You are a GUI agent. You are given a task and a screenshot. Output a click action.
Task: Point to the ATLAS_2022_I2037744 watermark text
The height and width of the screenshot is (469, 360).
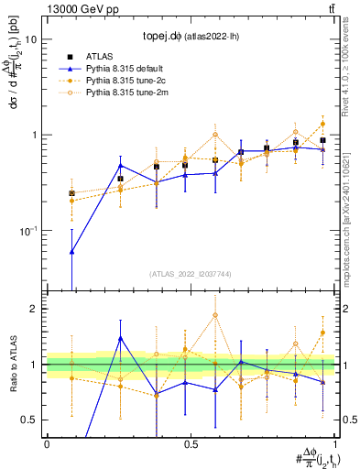pos(191,273)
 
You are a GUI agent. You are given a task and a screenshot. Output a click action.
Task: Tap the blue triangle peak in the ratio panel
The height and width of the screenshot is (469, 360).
pos(120,338)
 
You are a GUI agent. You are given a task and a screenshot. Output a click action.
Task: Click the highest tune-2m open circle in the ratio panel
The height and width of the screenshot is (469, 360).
pos(214,315)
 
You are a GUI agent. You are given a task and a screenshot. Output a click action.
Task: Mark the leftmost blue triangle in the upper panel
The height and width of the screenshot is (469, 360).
pos(72,250)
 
